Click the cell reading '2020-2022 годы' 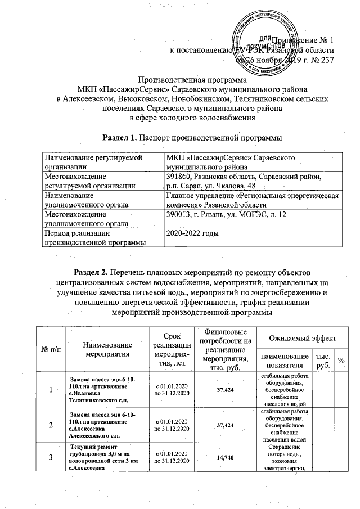[187, 232]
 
